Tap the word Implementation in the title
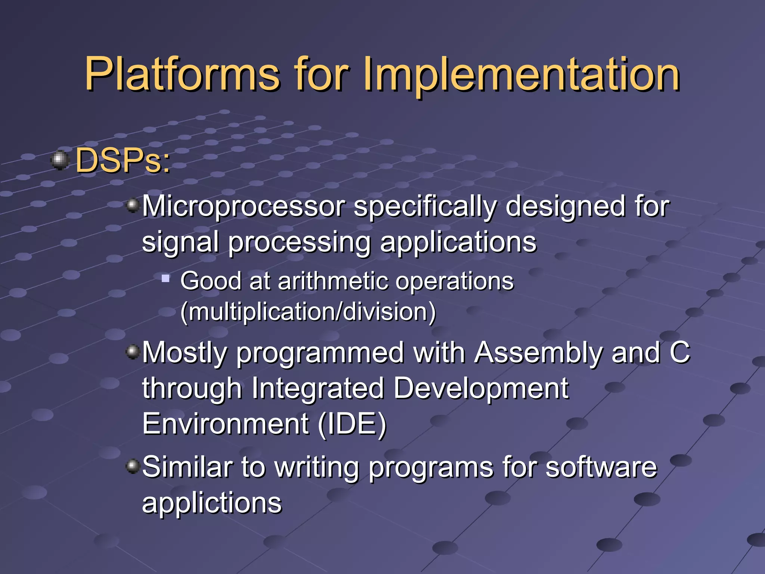click(521, 75)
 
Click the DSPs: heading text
click(123, 161)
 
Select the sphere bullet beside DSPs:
click(60, 161)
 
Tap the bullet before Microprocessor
click(133, 205)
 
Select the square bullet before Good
click(165, 278)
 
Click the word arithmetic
click(333, 281)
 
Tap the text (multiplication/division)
click(308, 312)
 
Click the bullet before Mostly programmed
click(133, 352)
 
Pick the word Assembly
click(538, 353)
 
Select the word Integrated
click(318, 388)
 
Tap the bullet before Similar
click(133, 466)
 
